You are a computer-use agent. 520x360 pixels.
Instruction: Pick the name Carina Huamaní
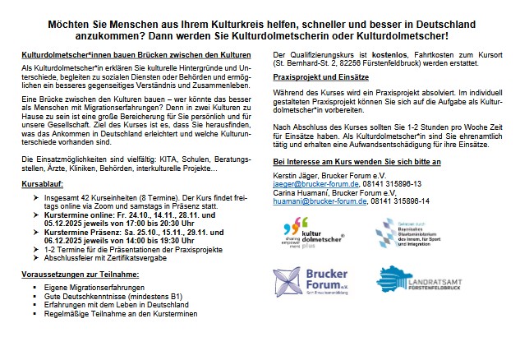coord(299,192)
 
